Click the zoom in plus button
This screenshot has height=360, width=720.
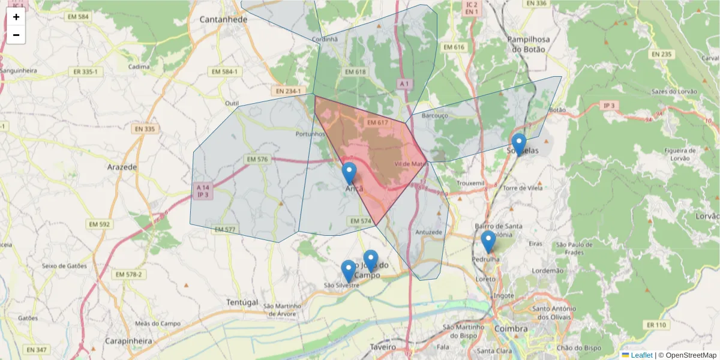point(16,17)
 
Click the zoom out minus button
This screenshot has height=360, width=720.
point(16,35)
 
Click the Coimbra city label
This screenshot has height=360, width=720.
point(511,329)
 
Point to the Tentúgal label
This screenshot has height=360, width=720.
point(242,302)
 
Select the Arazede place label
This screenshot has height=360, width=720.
point(122,166)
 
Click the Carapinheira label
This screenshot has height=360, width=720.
point(128,341)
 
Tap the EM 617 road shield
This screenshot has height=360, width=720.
point(378,122)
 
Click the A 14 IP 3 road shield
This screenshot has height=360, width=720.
point(203,191)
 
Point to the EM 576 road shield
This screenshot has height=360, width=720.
point(257,160)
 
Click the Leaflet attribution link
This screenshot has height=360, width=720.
point(641,355)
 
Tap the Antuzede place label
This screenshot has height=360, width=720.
point(428,232)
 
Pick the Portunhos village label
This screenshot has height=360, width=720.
point(310,134)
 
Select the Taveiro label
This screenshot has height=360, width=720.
point(382,347)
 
